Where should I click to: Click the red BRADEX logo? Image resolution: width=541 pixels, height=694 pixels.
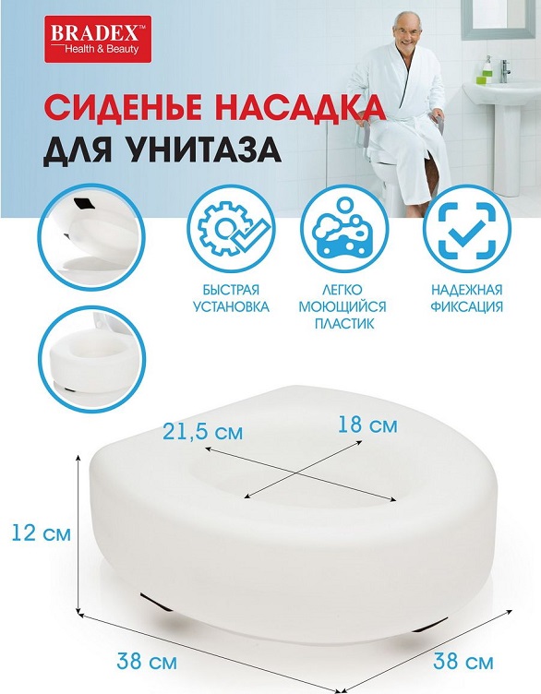[x=98, y=39]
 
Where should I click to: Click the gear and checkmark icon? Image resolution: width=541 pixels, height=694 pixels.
[x=231, y=228]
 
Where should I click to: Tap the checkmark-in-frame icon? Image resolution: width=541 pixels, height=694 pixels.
[x=467, y=228]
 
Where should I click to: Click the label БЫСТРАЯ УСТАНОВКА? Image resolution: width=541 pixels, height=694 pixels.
[x=231, y=298]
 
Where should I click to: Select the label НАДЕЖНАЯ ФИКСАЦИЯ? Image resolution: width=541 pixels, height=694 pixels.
[x=467, y=298]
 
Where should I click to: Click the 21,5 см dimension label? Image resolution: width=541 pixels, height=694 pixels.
[x=203, y=432]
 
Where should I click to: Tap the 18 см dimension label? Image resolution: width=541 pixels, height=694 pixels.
[x=367, y=425]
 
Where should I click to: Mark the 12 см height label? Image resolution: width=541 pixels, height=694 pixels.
[x=41, y=532]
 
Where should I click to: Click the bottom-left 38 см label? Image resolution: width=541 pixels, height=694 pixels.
[x=147, y=662]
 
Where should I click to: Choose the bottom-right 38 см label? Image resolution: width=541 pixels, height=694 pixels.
[x=463, y=662]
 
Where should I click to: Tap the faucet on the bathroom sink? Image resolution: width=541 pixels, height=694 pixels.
[x=505, y=71]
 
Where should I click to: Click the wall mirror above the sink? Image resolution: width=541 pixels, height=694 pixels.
[x=496, y=18]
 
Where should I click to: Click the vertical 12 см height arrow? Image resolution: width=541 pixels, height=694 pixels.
[x=78, y=534]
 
